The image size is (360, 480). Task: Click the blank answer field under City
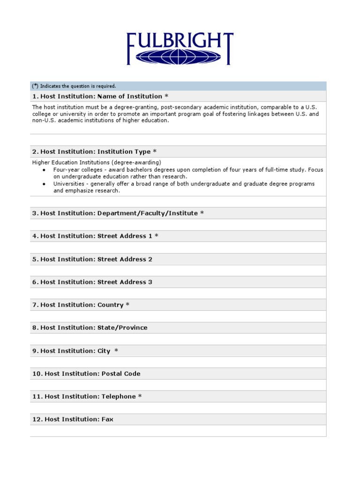(178, 362)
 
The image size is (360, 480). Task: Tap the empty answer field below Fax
(178, 431)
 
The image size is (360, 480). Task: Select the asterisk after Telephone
(140, 397)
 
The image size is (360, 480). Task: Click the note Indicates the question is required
(78, 86)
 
